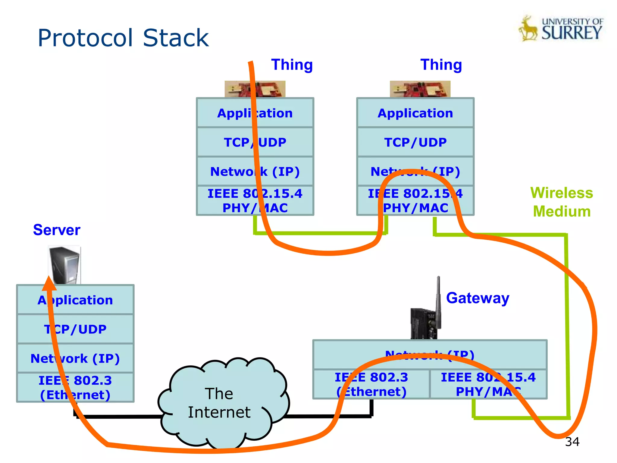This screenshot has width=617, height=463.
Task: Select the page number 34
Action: (x=572, y=442)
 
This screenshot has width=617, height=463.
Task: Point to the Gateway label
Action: (x=478, y=298)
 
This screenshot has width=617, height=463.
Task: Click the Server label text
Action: (x=57, y=230)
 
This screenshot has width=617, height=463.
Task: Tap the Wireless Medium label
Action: (x=562, y=202)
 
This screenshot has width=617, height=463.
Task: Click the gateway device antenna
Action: (x=438, y=301)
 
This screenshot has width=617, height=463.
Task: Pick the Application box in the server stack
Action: (x=75, y=300)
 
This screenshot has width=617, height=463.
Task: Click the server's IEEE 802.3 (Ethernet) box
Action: (x=75, y=388)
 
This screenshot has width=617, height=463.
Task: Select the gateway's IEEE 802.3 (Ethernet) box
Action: (x=371, y=384)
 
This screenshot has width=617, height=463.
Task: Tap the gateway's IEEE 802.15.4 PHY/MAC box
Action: (x=488, y=384)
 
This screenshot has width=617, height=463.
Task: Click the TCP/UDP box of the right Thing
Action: (x=415, y=142)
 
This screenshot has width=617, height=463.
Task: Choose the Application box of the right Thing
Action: (x=415, y=113)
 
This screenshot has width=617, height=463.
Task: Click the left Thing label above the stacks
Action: (x=292, y=65)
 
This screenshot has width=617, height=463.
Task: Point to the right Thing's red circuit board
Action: (x=420, y=89)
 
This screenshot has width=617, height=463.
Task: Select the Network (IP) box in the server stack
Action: (x=75, y=358)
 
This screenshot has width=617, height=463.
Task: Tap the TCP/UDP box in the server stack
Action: (x=75, y=329)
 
